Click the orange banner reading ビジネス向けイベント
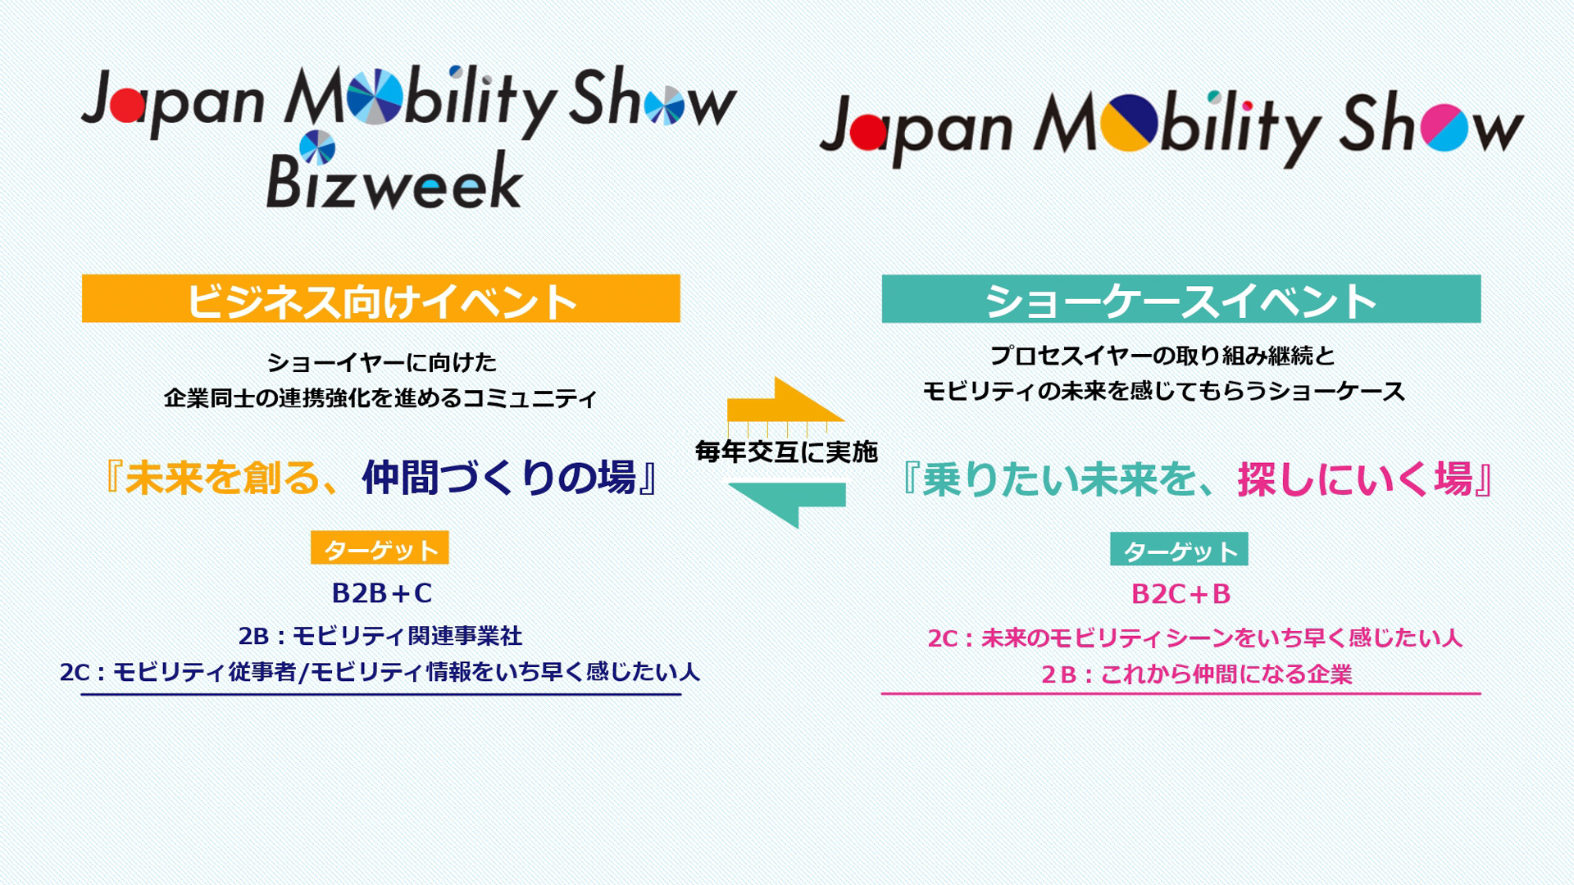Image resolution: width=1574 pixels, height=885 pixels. click(x=381, y=299)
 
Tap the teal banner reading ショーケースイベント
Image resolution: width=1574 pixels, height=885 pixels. click(x=1180, y=299)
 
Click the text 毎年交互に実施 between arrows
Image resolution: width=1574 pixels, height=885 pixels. click(x=786, y=452)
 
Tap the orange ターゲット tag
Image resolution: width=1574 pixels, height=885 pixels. click(x=380, y=548)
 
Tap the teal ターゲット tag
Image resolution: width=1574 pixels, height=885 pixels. click(x=1179, y=550)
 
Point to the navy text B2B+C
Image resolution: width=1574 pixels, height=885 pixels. click(x=382, y=593)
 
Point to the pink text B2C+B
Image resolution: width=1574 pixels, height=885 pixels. click(x=1180, y=594)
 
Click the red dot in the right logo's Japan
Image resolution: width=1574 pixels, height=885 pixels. click(x=869, y=132)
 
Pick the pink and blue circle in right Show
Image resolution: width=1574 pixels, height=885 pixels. click(x=1444, y=129)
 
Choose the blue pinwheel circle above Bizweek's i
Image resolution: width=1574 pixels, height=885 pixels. click(x=317, y=147)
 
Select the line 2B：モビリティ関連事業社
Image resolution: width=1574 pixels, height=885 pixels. click(x=380, y=636)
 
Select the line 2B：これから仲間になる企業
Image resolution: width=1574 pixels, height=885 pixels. click(x=1196, y=674)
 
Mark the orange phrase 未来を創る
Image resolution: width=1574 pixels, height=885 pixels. click(x=221, y=478)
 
